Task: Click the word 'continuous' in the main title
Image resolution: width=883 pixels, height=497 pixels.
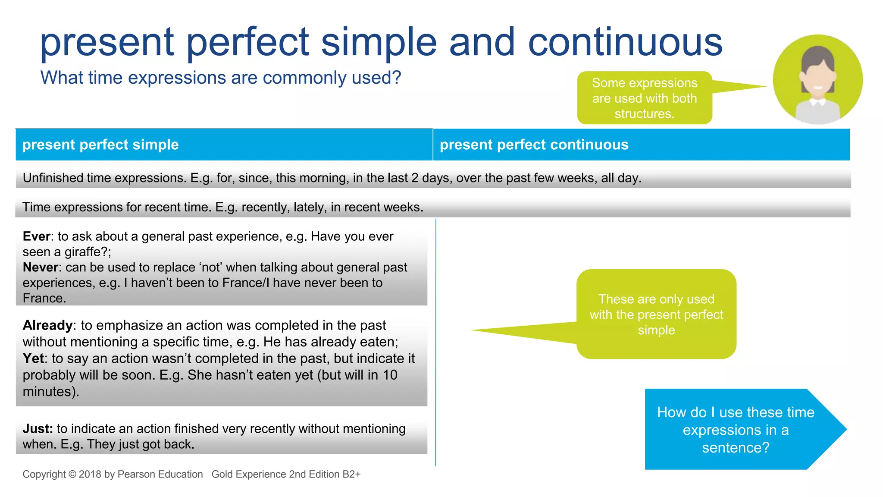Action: [625, 42]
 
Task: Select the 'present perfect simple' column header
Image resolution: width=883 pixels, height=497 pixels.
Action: [100, 145]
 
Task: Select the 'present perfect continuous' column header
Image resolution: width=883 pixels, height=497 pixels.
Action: [534, 145]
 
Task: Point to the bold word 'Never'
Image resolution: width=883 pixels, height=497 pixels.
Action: [40, 267]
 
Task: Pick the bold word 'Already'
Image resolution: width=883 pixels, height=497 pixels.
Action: [47, 325]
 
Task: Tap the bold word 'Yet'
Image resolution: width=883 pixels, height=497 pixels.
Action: [33, 359]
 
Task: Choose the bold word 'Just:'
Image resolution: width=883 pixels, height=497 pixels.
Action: [38, 429]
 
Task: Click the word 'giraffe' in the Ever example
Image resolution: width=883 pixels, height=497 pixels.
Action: [84, 252]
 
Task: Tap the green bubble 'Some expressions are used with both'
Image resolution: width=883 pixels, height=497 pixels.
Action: [644, 98]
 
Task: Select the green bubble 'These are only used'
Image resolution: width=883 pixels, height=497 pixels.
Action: [656, 315]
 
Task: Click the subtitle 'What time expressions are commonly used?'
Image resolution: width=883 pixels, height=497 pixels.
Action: [221, 78]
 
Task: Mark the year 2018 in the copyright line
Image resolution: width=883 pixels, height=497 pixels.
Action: [90, 475]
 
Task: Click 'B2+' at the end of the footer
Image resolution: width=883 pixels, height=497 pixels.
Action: [351, 475]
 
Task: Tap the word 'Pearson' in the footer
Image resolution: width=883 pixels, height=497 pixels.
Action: [136, 475]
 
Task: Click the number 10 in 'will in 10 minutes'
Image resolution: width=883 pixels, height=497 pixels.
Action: [390, 375]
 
